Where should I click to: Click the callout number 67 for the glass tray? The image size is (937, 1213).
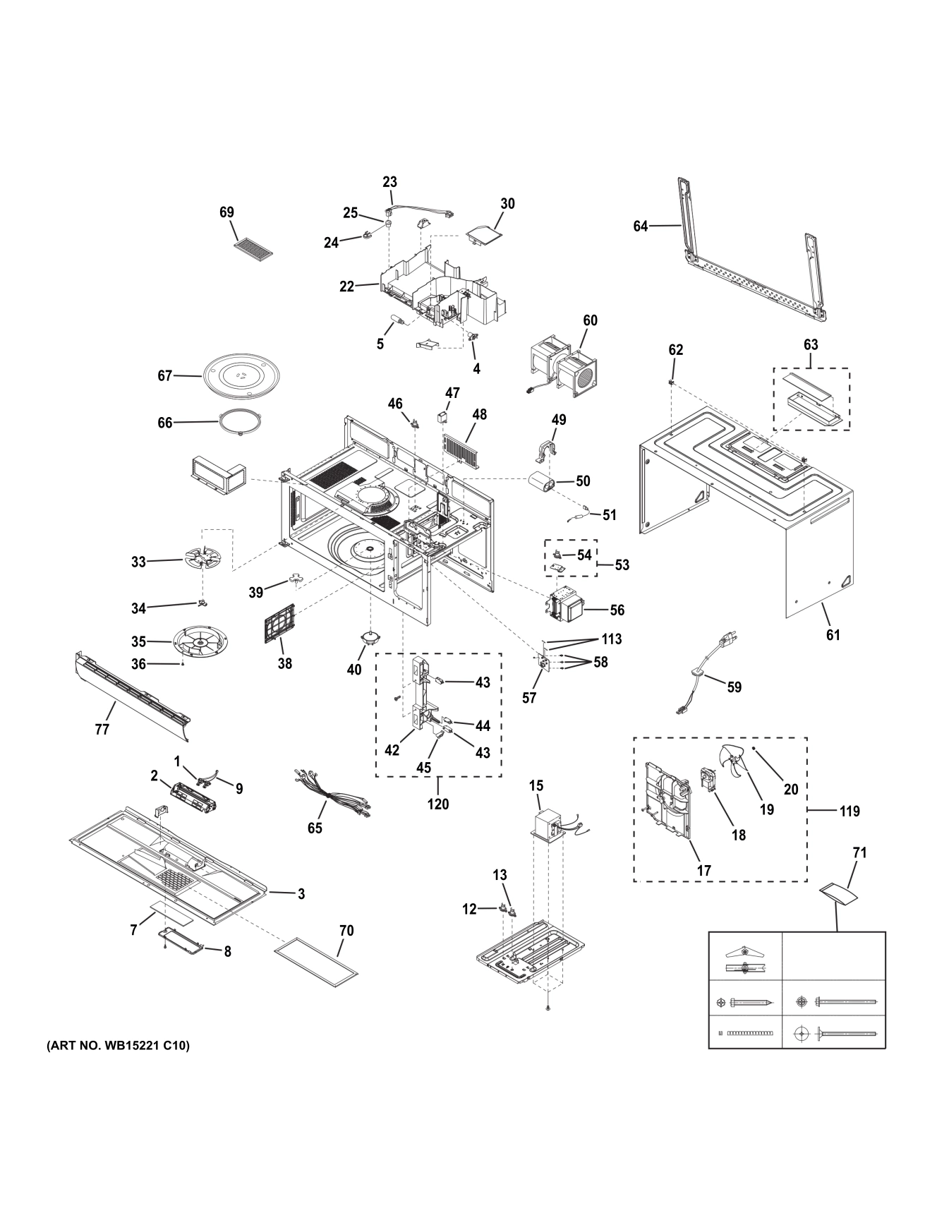click(164, 376)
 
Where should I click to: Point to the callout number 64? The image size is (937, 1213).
click(640, 227)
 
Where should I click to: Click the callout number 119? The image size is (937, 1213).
click(850, 811)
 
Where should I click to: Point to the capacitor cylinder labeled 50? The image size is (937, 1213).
click(544, 485)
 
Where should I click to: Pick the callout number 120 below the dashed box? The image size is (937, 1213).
click(437, 804)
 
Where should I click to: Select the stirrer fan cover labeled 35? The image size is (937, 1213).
click(202, 641)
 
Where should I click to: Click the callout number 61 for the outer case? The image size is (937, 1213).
click(833, 635)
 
